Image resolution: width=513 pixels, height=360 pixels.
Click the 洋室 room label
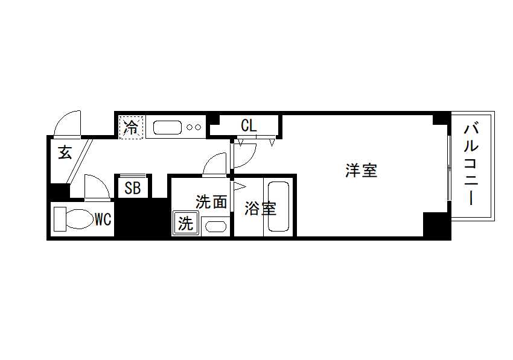[361, 171]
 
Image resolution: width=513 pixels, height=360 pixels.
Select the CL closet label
[249, 125]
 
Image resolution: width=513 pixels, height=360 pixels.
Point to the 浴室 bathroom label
[261, 209]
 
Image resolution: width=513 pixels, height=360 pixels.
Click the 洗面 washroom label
[211, 202]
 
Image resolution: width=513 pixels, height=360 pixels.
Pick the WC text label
[103, 219]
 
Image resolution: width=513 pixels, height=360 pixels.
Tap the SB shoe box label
[133, 188]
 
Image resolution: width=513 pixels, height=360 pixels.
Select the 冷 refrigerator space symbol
[132, 127]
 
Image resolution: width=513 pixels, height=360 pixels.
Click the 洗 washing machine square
[185, 223]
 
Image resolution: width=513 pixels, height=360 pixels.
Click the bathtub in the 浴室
[278, 206]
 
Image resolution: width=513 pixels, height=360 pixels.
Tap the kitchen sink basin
[167, 127]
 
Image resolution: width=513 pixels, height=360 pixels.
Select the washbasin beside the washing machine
[215, 226]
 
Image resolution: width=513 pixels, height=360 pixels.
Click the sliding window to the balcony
[449, 168]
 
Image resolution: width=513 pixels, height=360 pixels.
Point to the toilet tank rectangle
[60, 219]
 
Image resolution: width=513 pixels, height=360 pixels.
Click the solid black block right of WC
[142, 218]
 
